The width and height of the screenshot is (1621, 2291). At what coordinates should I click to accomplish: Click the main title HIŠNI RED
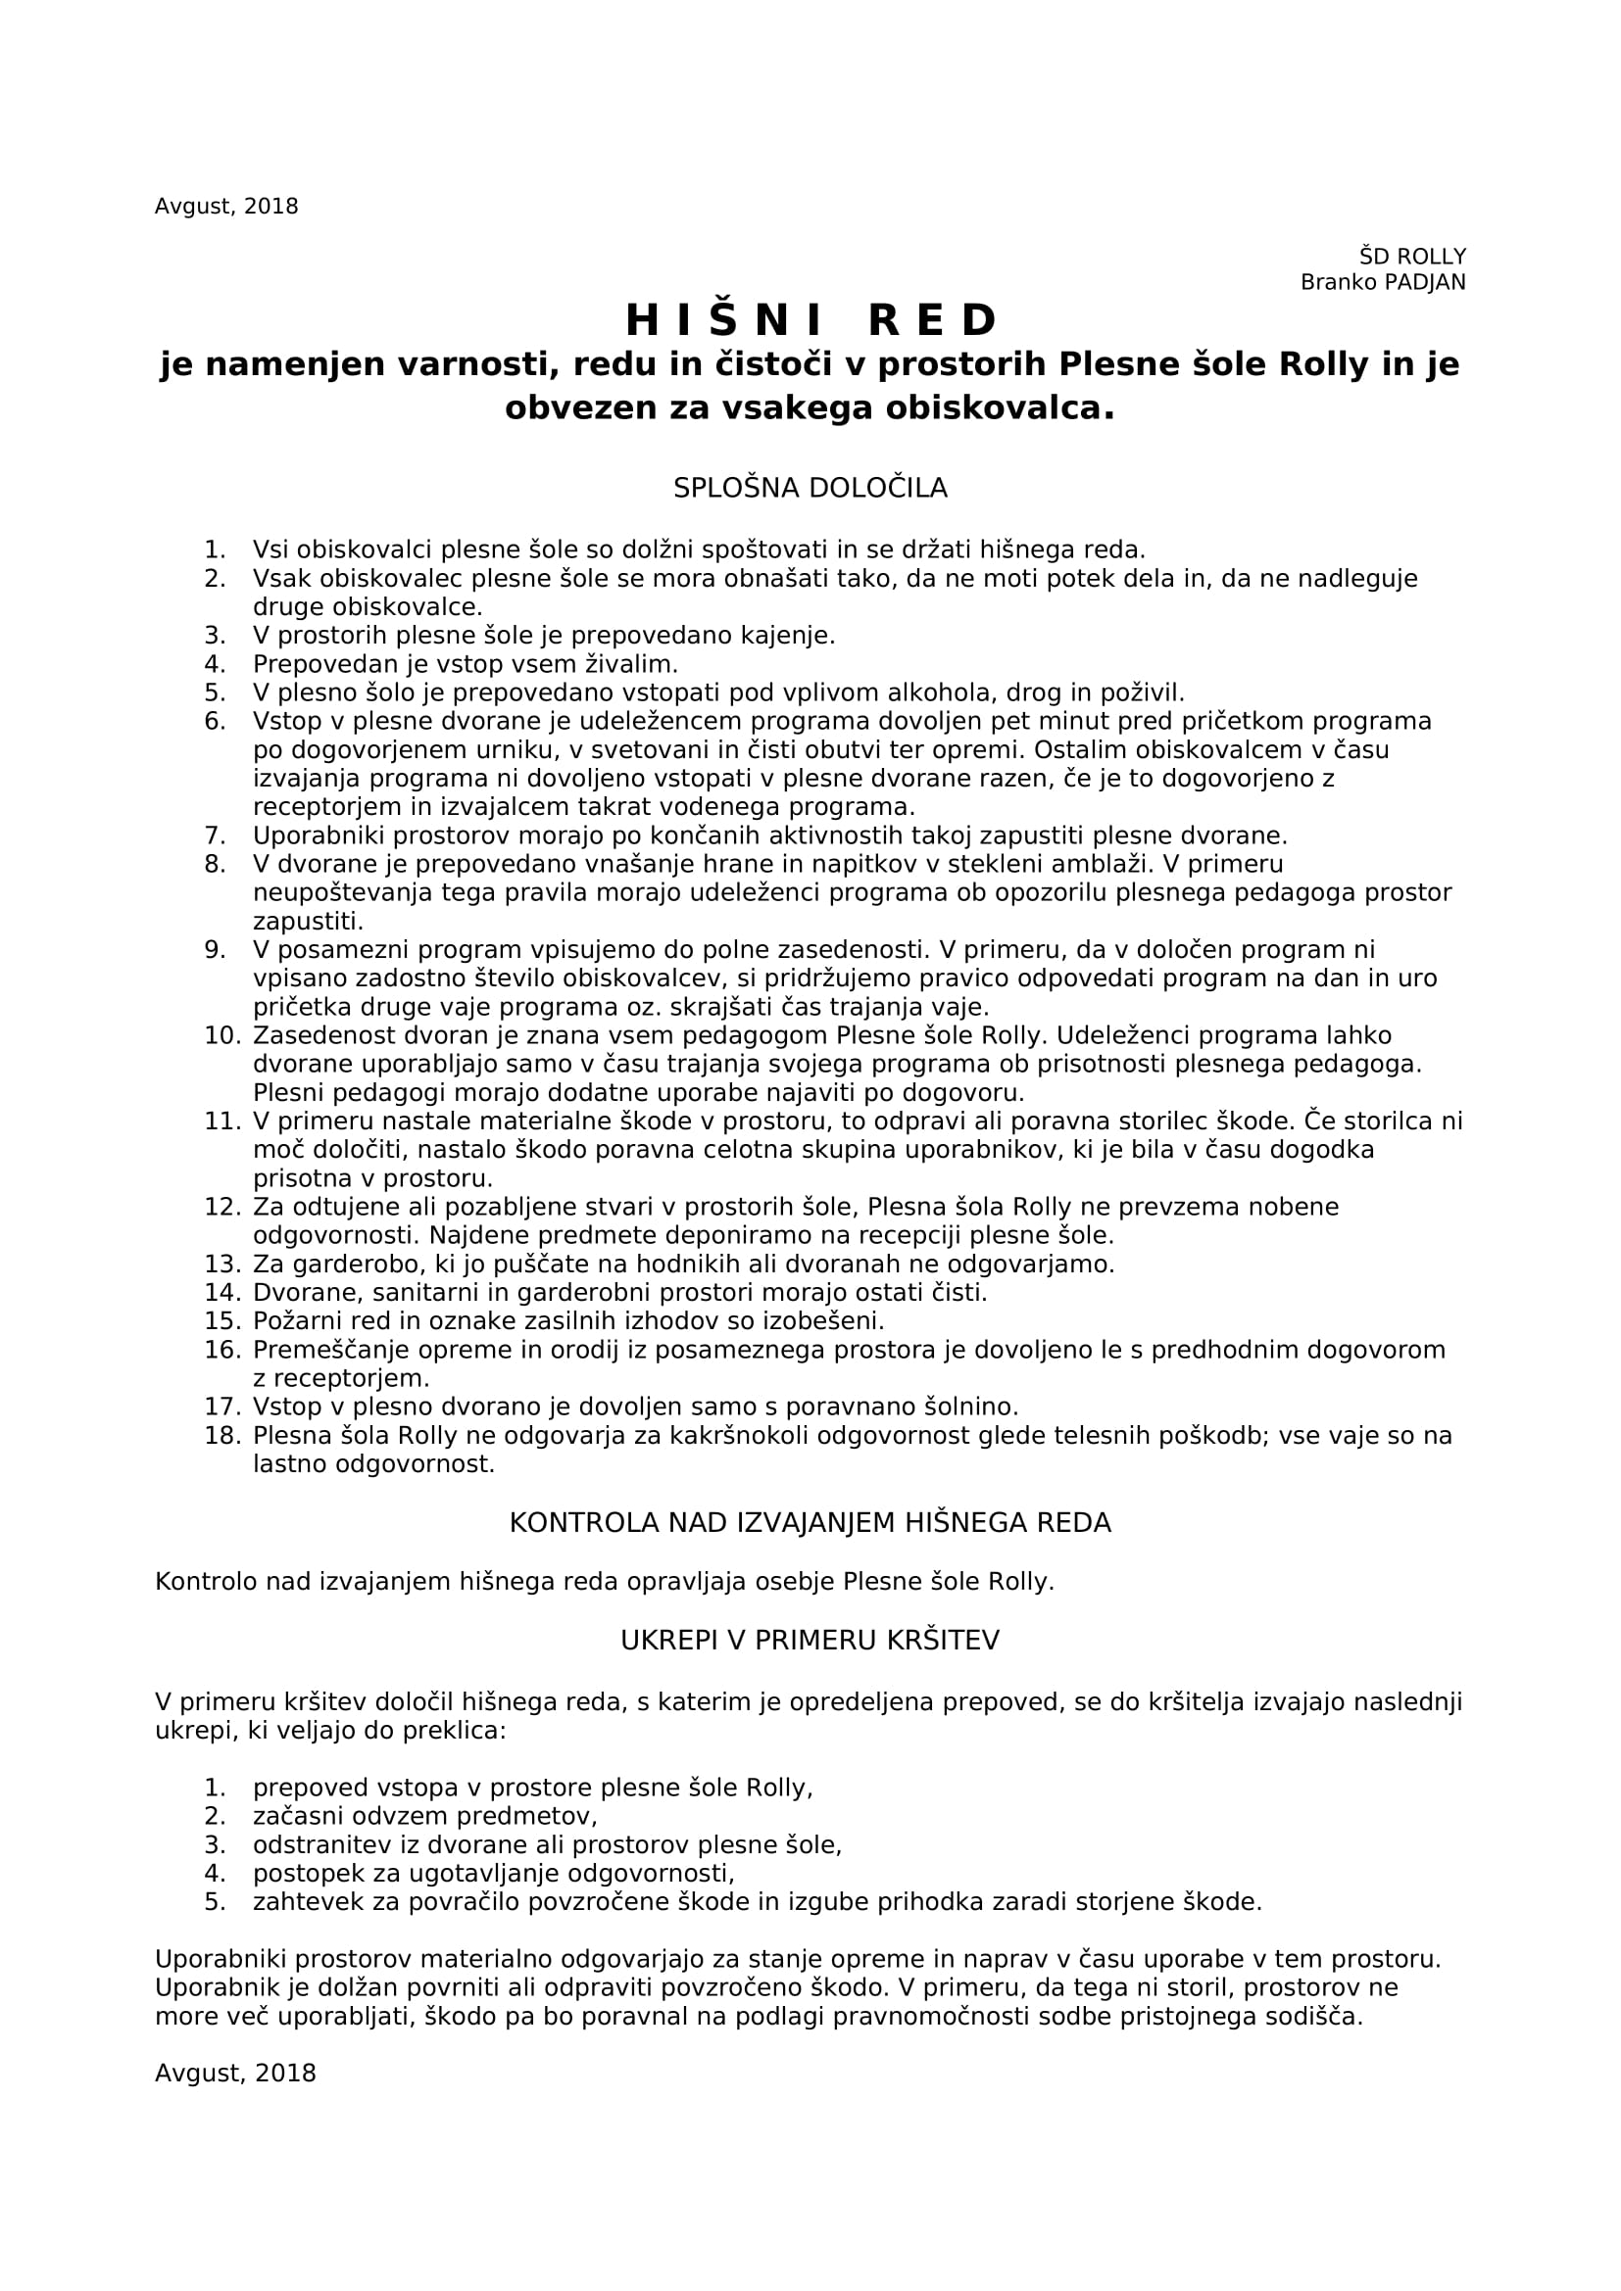(x=810, y=320)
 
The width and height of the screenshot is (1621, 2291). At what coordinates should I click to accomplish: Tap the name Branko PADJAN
(x=1383, y=282)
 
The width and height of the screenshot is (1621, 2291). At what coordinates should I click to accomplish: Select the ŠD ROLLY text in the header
(x=1412, y=257)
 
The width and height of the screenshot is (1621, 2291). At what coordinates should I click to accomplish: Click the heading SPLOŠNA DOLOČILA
(x=810, y=488)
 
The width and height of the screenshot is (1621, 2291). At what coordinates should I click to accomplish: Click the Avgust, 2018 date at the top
(x=226, y=207)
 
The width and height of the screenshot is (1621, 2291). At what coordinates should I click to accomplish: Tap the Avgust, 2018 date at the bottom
(x=235, y=2074)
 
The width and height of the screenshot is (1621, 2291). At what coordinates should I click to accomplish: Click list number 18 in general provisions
(x=222, y=1436)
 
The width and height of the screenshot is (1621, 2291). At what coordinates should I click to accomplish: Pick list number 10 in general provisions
(x=222, y=1034)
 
